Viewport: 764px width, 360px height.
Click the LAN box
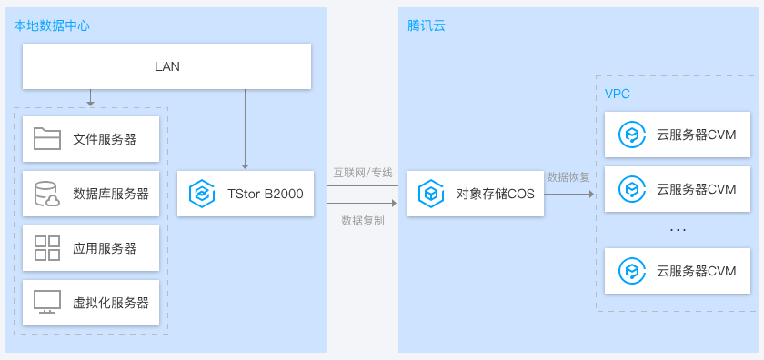167,66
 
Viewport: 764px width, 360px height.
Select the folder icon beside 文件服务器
46,139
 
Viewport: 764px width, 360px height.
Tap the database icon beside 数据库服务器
45,194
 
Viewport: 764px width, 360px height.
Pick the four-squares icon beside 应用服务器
46,247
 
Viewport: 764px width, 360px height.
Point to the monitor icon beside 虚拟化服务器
46,302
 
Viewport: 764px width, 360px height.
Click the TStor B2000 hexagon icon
200,194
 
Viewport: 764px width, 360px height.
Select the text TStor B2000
265,194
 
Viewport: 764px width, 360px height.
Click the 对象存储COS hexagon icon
429,194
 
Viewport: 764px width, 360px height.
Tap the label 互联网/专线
362,172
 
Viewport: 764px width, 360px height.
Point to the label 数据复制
362,220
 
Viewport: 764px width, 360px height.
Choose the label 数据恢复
568,176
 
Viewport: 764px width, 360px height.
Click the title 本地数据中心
51,25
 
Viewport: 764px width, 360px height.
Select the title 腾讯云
427,25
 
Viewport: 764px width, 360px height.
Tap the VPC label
618,95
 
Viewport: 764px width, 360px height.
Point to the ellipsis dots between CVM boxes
678,230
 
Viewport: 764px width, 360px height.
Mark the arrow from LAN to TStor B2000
245,127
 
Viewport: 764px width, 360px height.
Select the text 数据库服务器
111,194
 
